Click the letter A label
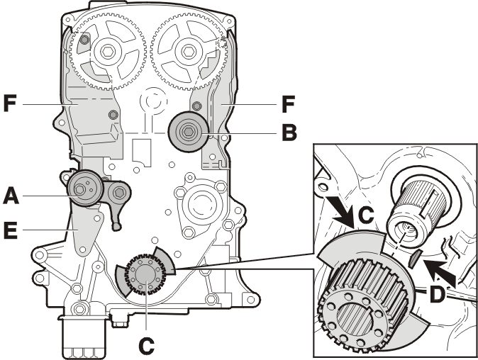[x=11, y=196]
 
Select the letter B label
[x=289, y=133]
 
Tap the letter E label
[x=10, y=229]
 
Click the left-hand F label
[x=10, y=103]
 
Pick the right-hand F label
[x=288, y=104]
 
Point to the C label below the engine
[x=146, y=346]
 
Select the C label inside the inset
[x=365, y=215]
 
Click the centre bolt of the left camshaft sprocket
[x=106, y=52]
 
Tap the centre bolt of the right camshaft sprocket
[x=187, y=51]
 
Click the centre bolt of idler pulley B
[x=188, y=133]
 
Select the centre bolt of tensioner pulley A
[x=79, y=189]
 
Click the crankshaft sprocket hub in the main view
[x=145, y=274]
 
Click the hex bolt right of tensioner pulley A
[x=119, y=193]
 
